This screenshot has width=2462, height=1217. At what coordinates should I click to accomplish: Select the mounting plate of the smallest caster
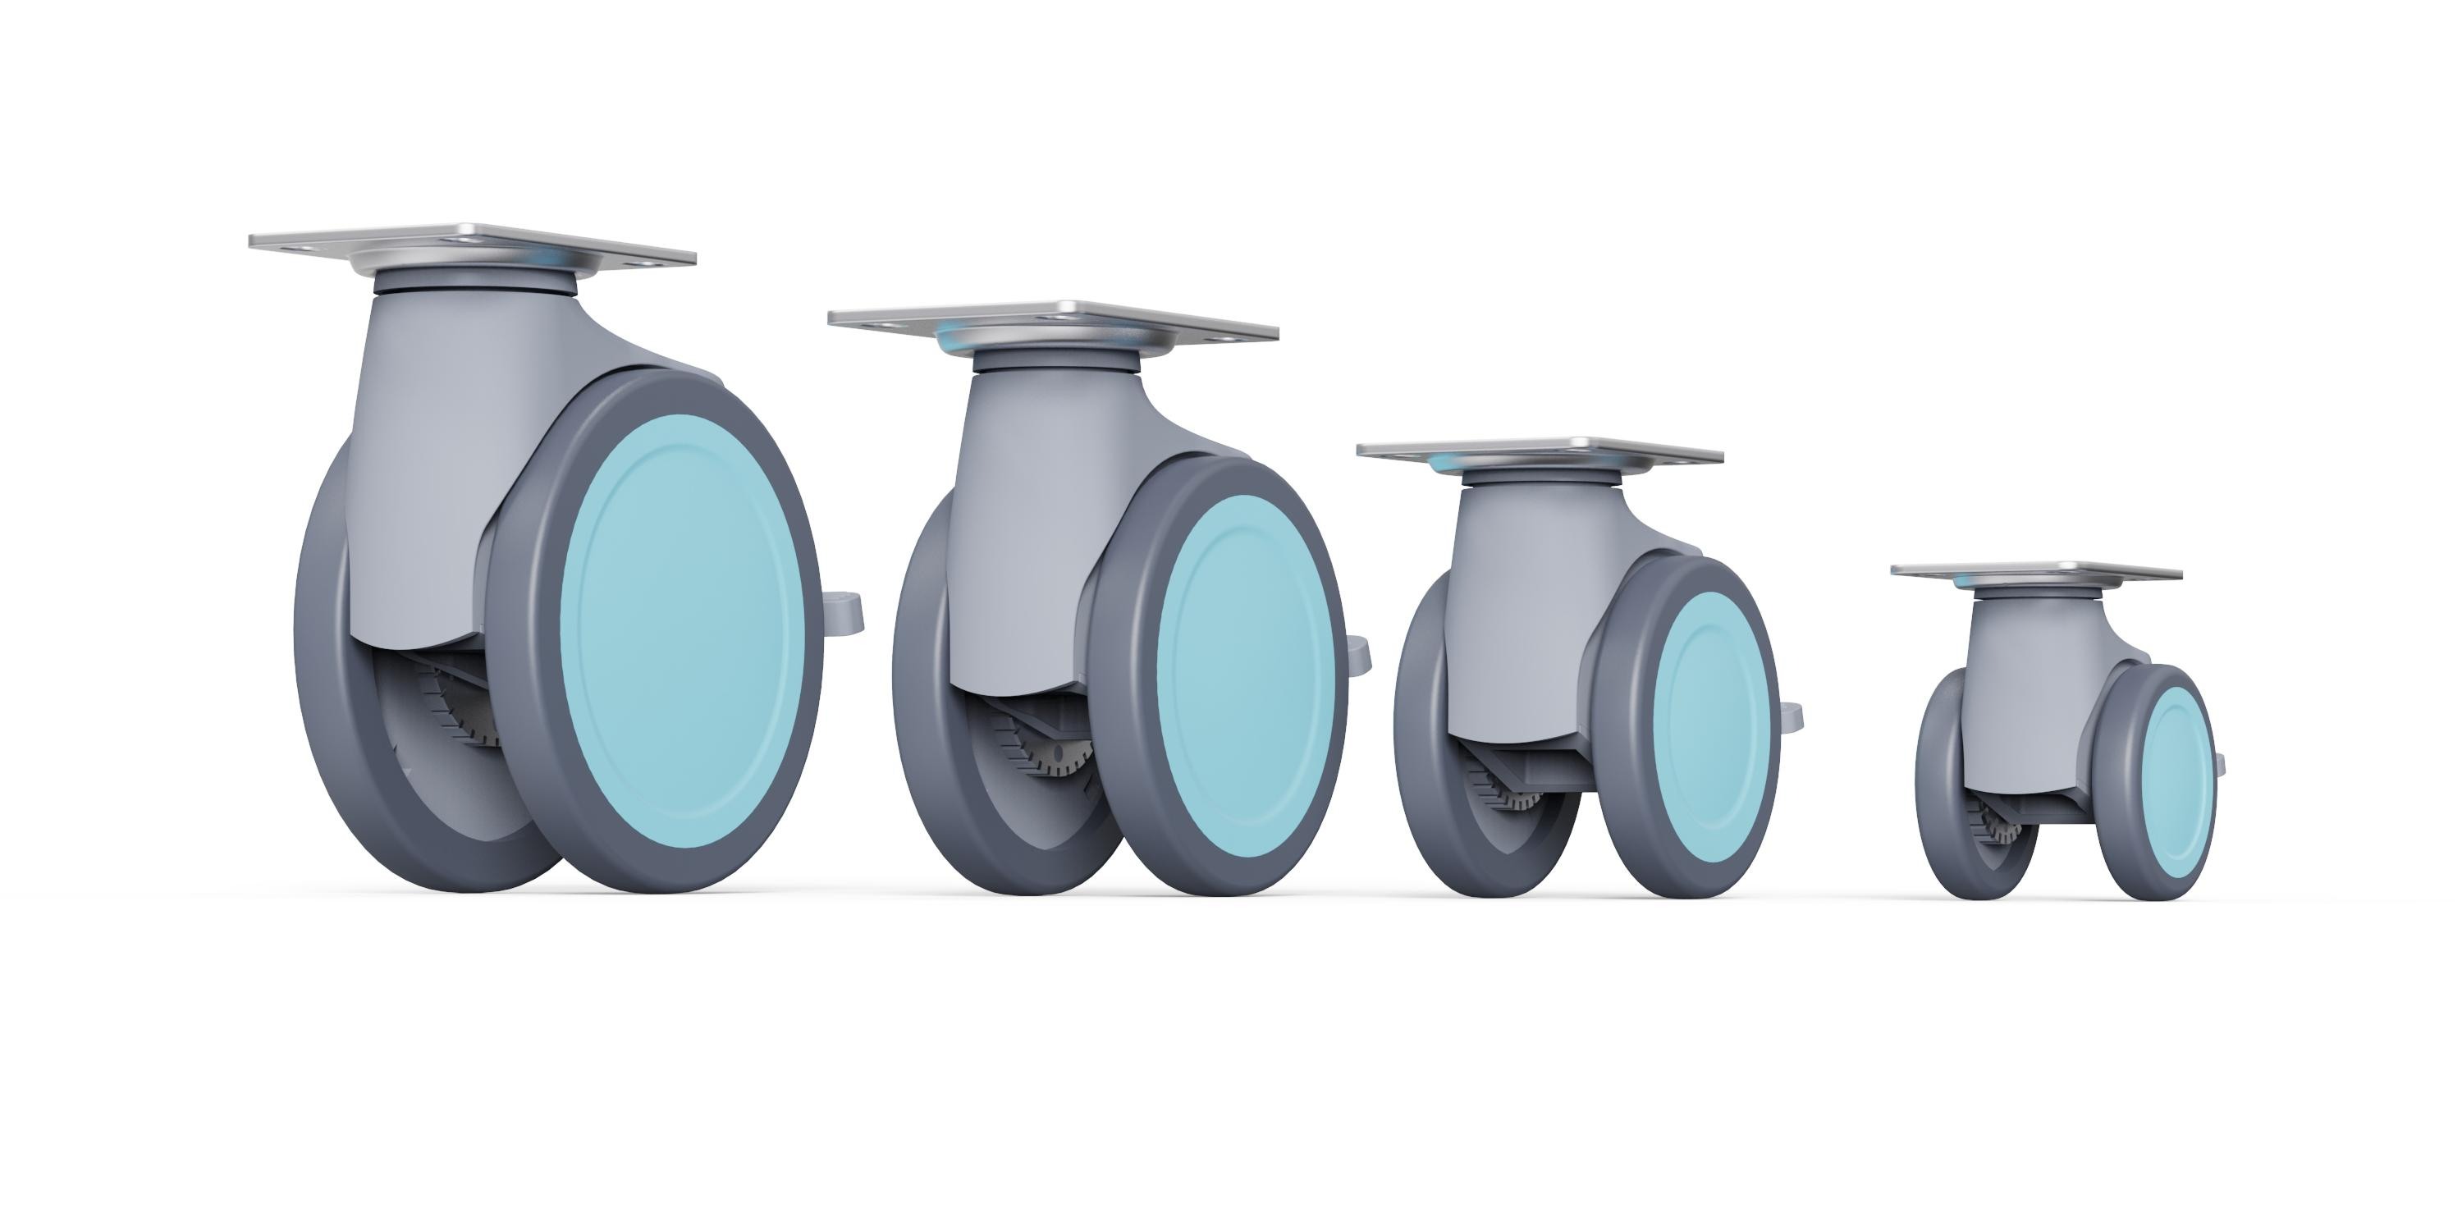click(2036, 572)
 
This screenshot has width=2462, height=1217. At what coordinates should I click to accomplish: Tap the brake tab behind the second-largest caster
click(1359, 654)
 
